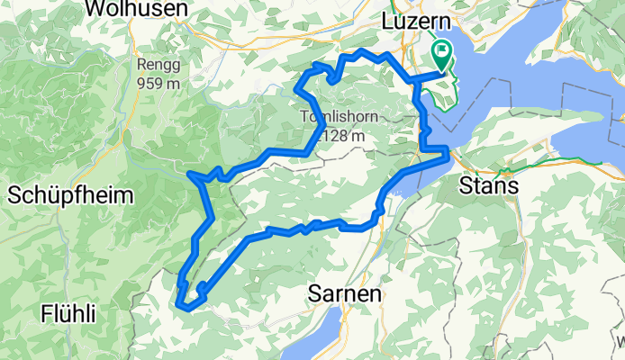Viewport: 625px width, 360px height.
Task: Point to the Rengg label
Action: tap(159, 65)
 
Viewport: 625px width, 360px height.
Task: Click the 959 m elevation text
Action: tap(159, 81)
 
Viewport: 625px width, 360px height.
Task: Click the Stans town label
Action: tap(488, 186)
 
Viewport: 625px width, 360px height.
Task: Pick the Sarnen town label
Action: tap(346, 293)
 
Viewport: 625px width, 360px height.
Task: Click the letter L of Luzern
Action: tap(388, 20)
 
